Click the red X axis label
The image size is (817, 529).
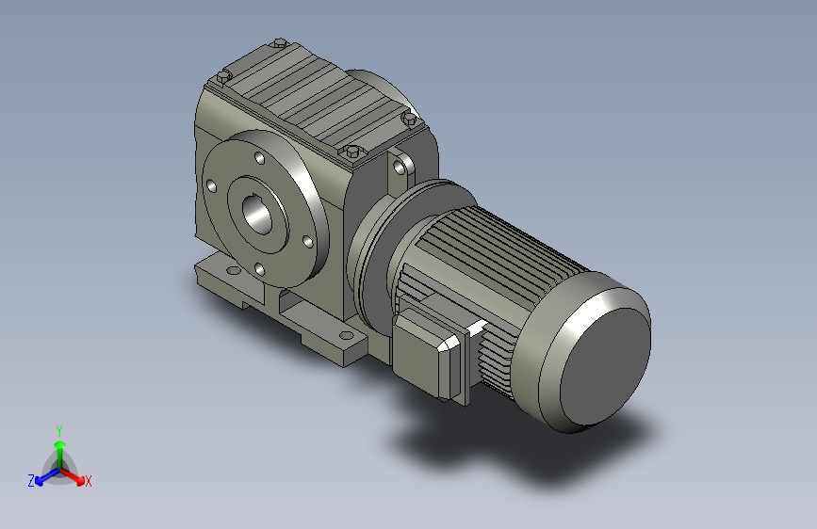coord(88,481)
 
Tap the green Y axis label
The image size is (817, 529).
coord(59,430)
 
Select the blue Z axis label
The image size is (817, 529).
coord(31,481)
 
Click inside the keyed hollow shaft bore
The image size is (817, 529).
coord(256,214)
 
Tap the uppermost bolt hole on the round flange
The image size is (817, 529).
coord(259,156)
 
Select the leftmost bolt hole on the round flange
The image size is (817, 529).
coord(211,185)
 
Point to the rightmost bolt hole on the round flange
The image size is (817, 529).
coord(307,242)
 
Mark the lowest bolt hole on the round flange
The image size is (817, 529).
coord(259,269)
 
